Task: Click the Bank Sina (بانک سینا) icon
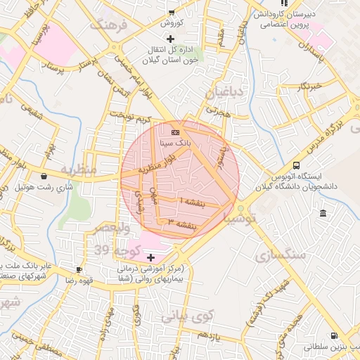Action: click(175, 131)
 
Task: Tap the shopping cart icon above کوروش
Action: click(171, 11)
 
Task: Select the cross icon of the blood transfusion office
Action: click(170, 37)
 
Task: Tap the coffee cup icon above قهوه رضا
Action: click(79, 269)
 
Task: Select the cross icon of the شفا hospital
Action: click(150, 258)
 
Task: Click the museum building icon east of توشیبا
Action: click(322, 213)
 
